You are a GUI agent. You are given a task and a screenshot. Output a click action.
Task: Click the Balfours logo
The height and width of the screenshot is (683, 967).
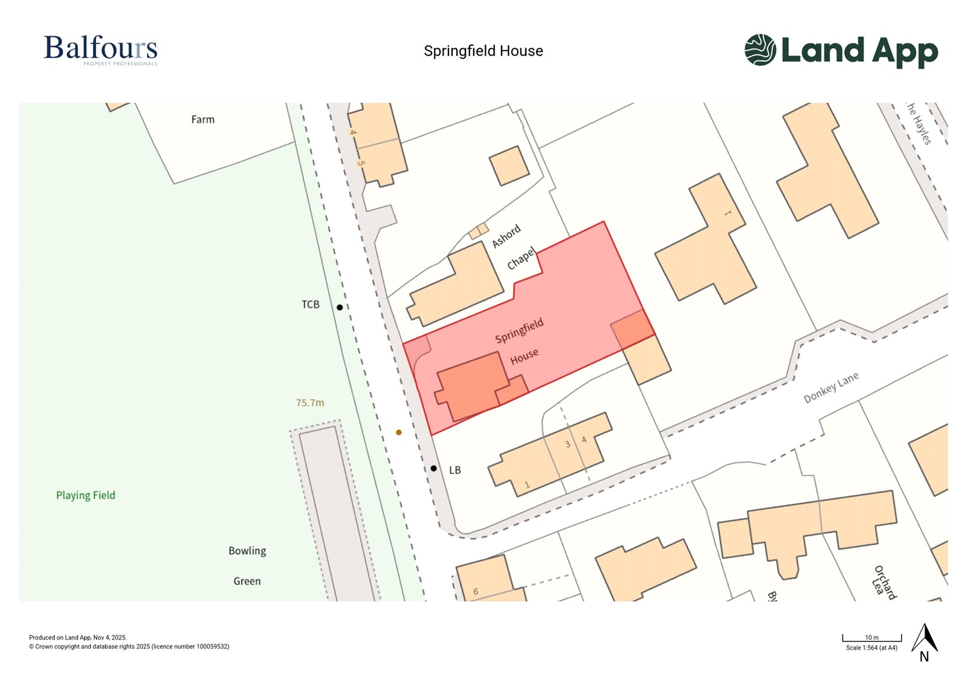100,50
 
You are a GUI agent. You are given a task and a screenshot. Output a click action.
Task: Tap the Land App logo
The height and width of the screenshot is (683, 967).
841,51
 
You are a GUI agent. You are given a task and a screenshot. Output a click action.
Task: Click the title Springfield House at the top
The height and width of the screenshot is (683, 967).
483,51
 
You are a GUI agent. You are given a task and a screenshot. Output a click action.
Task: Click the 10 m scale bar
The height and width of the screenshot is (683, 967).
872,638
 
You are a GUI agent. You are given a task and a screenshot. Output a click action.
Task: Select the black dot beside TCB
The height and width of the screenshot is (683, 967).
340,307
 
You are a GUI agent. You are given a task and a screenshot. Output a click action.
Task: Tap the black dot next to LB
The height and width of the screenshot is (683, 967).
433,469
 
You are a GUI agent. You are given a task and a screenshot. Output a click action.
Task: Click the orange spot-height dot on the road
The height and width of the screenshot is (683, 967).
398,432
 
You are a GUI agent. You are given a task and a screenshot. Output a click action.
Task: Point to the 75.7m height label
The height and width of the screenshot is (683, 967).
310,403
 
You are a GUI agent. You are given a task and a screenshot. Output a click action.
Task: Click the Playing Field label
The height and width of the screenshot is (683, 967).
85,496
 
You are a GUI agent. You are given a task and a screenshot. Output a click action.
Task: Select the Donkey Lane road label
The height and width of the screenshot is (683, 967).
831,388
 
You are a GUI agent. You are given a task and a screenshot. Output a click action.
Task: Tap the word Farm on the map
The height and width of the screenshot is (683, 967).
202,120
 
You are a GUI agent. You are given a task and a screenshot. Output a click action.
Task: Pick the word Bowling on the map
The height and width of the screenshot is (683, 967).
247,551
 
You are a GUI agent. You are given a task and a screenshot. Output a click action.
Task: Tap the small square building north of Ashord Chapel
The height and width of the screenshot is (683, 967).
509,165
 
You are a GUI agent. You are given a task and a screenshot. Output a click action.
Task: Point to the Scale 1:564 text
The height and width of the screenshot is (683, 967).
872,648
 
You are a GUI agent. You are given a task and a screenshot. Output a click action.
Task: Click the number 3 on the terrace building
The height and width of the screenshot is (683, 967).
568,444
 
